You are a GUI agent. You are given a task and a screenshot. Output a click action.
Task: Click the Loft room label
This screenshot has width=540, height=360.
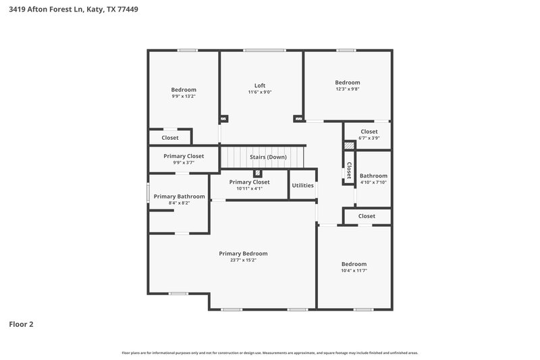(x=260, y=86)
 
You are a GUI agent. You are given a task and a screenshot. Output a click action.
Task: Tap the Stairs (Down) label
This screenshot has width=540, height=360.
(x=268, y=157)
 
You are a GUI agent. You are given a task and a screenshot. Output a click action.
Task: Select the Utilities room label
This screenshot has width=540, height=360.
(x=302, y=185)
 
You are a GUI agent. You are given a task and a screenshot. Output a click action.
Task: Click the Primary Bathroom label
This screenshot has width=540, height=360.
(x=179, y=197)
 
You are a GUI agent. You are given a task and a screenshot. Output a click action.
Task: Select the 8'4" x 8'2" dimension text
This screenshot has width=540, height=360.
(x=179, y=203)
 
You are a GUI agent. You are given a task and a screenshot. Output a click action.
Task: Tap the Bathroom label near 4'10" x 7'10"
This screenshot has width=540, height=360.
(x=373, y=176)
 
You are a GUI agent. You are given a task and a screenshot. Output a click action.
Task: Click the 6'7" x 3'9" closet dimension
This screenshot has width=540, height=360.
(x=369, y=138)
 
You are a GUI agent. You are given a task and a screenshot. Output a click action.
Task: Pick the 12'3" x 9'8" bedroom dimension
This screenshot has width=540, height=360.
(x=348, y=89)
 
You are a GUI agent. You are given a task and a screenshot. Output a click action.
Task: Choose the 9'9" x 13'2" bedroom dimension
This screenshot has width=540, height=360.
(x=184, y=96)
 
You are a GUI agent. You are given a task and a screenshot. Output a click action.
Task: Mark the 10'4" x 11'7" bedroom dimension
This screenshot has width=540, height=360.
(x=354, y=270)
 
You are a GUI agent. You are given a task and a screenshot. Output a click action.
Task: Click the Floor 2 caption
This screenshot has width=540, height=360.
(x=21, y=324)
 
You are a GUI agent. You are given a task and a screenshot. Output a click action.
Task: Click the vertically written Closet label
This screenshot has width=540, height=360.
(x=349, y=170)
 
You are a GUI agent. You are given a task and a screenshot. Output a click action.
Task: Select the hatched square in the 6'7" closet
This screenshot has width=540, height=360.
(x=349, y=145)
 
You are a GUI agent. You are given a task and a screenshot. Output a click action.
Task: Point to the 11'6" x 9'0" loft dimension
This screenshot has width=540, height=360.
(x=260, y=93)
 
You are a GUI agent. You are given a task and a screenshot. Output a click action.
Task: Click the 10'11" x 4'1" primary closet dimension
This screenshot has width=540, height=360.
(x=249, y=188)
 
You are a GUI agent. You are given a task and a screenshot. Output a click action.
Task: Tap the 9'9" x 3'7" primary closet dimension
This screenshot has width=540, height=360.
(x=184, y=163)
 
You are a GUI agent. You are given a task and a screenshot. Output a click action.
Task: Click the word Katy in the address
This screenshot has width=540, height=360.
(x=91, y=10)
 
